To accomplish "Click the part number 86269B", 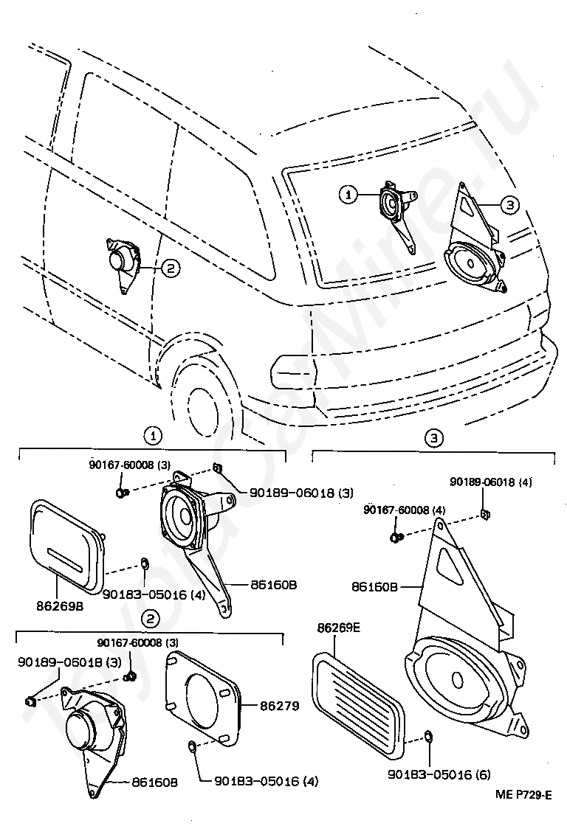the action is [59, 605].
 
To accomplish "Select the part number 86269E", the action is [339, 628].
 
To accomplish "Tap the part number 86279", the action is [279, 705].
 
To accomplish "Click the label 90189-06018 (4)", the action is [491, 482].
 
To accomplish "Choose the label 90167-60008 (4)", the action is [405, 510].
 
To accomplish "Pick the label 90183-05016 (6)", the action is [439, 774].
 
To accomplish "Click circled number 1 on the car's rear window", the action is [348, 195].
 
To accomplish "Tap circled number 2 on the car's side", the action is [170, 268].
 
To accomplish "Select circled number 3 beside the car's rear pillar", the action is [509, 204].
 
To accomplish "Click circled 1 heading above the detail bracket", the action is [153, 436].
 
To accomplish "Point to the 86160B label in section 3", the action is [374, 586].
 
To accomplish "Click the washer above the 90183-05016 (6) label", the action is [429, 735].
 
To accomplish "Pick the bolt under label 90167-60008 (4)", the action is [396, 537].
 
